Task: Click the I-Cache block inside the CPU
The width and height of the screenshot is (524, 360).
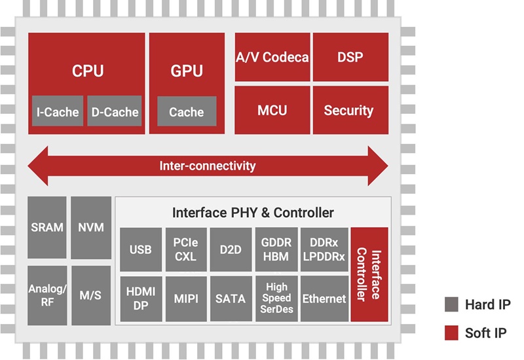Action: pyautogui.click(x=58, y=112)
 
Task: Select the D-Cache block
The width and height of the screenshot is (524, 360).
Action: pyautogui.click(x=113, y=112)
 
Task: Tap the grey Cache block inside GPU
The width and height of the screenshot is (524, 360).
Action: pyautogui.click(x=187, y=112)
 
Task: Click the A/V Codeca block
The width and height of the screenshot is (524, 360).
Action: pyautogui.click(x=272, y=58)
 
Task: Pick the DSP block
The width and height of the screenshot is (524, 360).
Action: pyautogui.click(x=350, y=58)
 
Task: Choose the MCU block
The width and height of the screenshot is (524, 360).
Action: pyautogui.click(x=272, y=110)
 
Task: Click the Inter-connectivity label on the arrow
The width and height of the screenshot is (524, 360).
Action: pyautogui.click(x=208, y=166)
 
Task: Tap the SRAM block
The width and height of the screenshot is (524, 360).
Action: pyautogui.click(x=47, y=228)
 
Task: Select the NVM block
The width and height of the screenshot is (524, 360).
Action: pyautogui.click(x=90, y=228)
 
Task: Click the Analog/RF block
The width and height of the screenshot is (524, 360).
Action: pyautogui.click(x=47, y=295)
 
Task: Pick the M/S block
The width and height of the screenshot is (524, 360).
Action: pyautogui.click(x=90, y=295)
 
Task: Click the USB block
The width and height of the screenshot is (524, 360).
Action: pyautogui.click(x=140, y=250)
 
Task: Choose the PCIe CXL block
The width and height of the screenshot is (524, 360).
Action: pyautogui.click(x=185, y=250)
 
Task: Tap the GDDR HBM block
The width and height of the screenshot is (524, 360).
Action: pyautogui.click(x=276, y=250)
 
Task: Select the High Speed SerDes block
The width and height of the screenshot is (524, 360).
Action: pyautogui.click(x=276, y=298)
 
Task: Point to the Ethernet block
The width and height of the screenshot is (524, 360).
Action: pyautogui.click(x=324, y=298)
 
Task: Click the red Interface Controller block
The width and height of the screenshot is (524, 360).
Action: pyautogui.click(x=369, y=274)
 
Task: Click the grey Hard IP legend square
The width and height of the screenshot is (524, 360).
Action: pyautogui.click(x=451, y=304)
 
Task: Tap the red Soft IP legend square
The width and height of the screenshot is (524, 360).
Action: pyautogui.click(x=451, y=333)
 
